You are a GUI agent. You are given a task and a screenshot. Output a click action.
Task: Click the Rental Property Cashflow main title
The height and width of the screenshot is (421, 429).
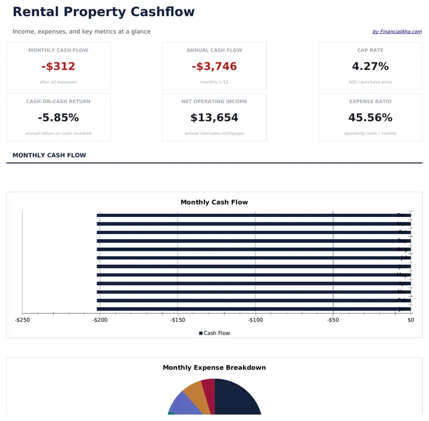(x=103, y=12)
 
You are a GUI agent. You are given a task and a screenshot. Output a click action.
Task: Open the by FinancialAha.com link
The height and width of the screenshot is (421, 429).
(x=397, y=32)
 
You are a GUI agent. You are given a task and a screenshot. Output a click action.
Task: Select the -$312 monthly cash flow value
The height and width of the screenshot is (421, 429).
(x=58, y=67)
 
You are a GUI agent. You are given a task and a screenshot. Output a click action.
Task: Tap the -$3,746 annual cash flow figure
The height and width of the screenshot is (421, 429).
(x=214, y=67)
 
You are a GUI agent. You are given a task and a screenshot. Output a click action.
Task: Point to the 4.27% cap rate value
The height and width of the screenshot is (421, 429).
(x=370, y=67)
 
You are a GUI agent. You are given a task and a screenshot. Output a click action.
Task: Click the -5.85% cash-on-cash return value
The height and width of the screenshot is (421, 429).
(x=58, y=118)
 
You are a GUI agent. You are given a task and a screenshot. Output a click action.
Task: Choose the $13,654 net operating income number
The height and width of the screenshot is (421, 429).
(x=214, y=118)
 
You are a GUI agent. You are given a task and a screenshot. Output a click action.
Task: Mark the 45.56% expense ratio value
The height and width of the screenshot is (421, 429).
(x=370, y=118)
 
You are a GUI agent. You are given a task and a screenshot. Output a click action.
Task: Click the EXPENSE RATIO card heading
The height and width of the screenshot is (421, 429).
(x=370, y=101)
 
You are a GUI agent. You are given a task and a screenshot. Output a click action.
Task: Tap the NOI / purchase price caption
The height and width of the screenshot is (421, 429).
(x=370, y=82)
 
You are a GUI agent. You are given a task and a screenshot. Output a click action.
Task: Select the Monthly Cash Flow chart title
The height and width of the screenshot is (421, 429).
(x=214, y=202)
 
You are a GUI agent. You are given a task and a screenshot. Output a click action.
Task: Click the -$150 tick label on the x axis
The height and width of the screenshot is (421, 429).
(x=177, y=320)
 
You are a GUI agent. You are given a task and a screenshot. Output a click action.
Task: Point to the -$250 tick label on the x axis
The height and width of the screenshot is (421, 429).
(x=22, y=320)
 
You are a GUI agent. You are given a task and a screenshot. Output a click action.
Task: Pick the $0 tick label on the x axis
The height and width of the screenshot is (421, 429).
(x=410, y=320)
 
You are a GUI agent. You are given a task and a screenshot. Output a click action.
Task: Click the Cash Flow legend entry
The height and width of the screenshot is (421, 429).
(x=214, y=333)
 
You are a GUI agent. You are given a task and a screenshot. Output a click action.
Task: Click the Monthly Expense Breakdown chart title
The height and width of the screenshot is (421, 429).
(x=214, y=368)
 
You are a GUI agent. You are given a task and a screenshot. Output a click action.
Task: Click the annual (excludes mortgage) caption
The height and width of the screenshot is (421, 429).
(x=214, y=133)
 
